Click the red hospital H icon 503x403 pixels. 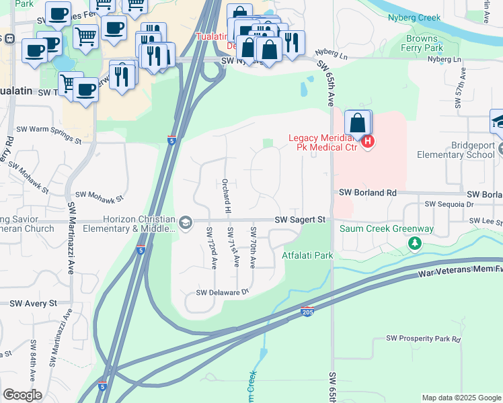click(x=367, y=142)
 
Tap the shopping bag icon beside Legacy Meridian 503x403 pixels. click(x=358, y=124)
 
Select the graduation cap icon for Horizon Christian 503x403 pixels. click(x=185, y=222)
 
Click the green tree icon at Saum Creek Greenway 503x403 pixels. click(x=416, y=242)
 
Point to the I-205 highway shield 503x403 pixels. click(x=307, y=313)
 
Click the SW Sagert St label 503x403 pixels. click(x=300, y=220)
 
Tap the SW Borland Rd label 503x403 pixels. click(x=367, y=193)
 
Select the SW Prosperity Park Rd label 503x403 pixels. click(x=423, y=339)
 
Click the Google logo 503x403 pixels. click(x=22, y=394)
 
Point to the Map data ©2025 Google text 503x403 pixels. click(x=461, y=398)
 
